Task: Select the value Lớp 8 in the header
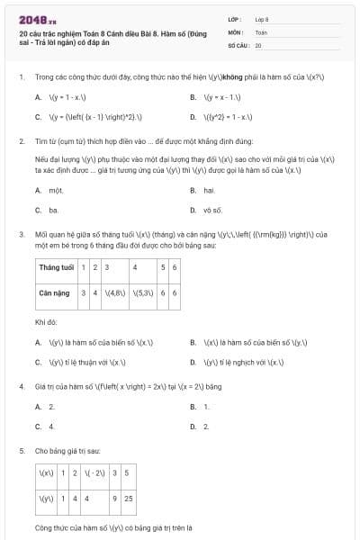262,18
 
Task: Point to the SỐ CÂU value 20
258,44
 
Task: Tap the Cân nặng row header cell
55,292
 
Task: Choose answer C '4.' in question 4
51,426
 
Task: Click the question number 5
21,449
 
